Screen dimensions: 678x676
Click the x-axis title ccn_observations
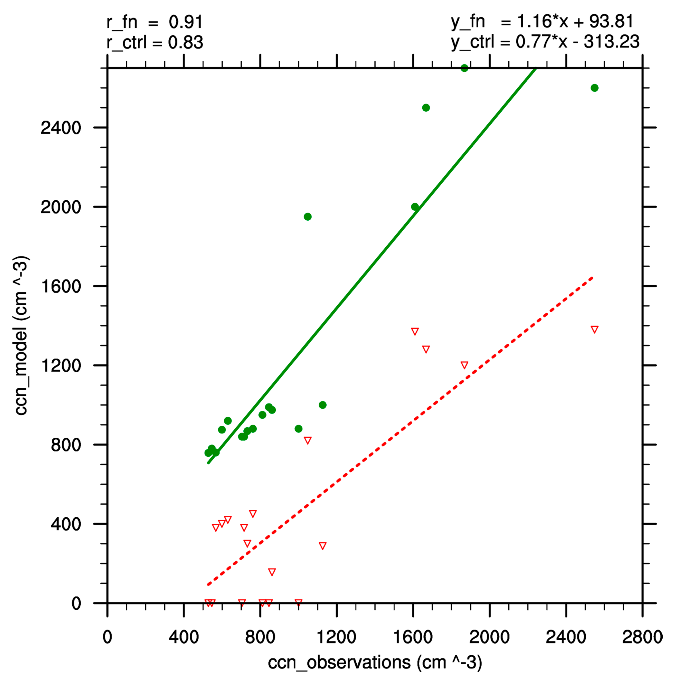pyautogui.click(x=375, y=662)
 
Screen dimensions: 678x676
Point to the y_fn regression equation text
pyautogui.click(x=542, y=22)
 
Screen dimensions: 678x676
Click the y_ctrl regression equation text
pyautogui.click(x=545, y=42)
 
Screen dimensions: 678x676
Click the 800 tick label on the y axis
pyautogui.click(x=66, y=445)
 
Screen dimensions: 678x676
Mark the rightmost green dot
pyautogui.click(x=594, y=88)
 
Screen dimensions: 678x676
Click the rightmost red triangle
pyautogui.click(x=594, y=329)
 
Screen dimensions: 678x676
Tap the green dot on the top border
pyautogui.click(x=464, y=68)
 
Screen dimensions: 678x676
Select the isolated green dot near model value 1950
pyautogui.click(x=308, y=217)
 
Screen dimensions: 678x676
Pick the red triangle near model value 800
pyautogui.click(x=308, y=440)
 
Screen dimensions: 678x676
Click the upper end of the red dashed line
pyautogui.click(x=592, y=278)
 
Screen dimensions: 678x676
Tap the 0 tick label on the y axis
pyautogui.click(x=76, y=604)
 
